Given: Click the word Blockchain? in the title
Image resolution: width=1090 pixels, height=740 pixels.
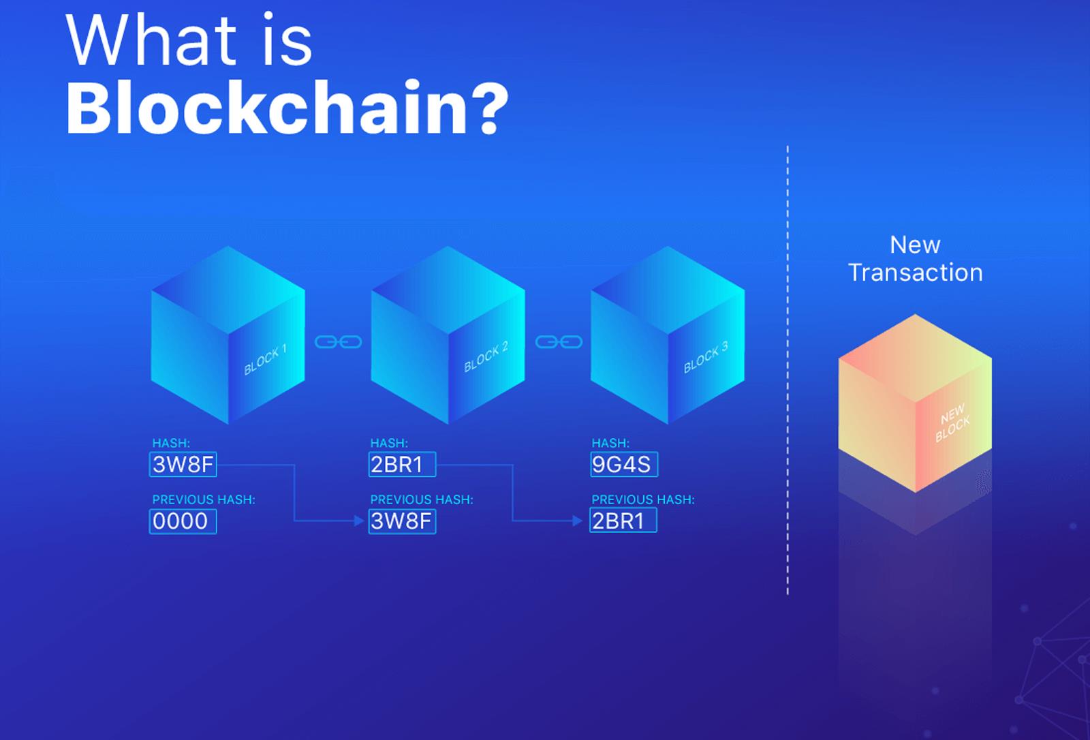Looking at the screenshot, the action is tap(287, 107).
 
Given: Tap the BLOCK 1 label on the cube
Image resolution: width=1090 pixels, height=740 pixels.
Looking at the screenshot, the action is tap(265, 360).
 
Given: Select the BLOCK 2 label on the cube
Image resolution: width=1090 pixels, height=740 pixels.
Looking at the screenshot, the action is tap(486, 357).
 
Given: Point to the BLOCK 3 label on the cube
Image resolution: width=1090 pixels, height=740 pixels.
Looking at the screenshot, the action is tap(706, 357).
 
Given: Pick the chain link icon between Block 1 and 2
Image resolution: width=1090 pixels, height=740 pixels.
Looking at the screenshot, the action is tap(338, 342).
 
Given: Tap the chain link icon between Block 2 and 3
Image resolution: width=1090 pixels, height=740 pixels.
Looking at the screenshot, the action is tap(559, 342).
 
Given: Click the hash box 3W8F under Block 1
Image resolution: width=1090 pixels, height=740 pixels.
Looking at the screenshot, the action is tap(183, 465).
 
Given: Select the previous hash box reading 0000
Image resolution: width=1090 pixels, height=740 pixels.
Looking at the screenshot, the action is tap(183, 521).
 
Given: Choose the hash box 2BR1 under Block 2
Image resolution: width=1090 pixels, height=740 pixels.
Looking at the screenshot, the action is tap(403, 465).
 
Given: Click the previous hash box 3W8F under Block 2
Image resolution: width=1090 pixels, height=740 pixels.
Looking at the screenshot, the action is tap(403, 521).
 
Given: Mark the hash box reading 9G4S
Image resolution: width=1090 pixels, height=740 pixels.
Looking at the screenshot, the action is tap(624, 465).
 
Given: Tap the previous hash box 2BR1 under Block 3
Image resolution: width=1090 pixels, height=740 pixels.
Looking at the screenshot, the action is tap(623, 521).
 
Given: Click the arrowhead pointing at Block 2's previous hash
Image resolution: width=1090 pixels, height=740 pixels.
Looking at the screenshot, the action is tap(360, 521).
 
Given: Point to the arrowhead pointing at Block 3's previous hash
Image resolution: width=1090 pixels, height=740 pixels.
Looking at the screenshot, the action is tap(578, 521).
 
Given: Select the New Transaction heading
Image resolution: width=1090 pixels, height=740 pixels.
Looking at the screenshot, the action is tap(916, 258).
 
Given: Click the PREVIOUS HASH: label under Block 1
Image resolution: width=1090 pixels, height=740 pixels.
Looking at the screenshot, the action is tap(204, 499).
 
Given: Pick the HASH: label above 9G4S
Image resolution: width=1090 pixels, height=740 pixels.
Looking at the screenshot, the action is tap(610, 443).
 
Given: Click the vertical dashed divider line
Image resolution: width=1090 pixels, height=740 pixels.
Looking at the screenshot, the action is tap(788, 370).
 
